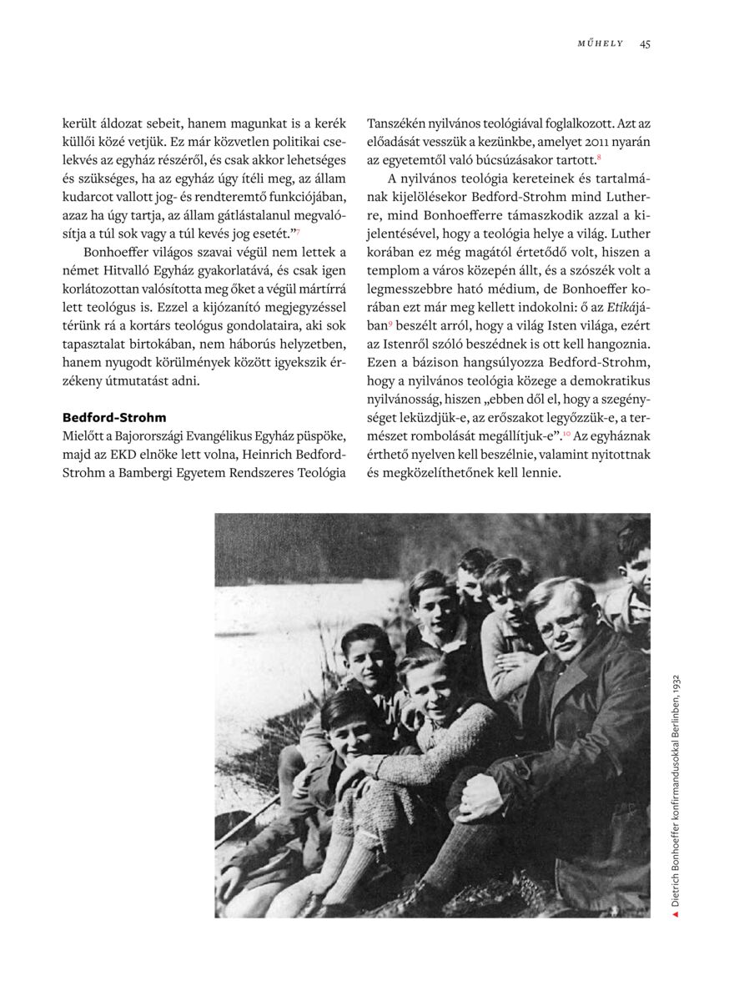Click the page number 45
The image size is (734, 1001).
(x=645, y=43)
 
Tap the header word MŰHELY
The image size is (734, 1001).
(x=601, y=43)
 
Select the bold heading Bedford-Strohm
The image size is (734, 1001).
(x=114, y=416)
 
